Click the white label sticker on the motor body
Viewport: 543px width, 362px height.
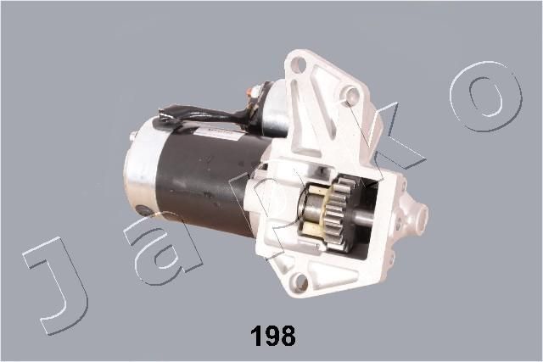tap(216, 131)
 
